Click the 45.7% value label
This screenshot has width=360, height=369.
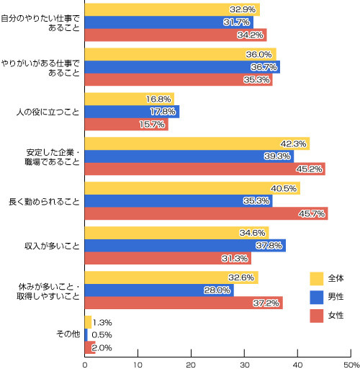(x=312, y=213)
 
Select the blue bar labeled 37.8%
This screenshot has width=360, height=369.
(x=185, y=246)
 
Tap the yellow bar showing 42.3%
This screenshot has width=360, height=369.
(x=197, y=143)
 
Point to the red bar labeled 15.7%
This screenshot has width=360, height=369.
(x=127, y=124)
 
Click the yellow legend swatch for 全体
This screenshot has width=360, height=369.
(x=316, y=278)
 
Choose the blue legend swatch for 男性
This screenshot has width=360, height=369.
(x=316, y=297)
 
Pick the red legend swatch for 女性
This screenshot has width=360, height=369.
(x=316, y=316)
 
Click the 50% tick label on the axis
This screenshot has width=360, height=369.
(x=351, y=365)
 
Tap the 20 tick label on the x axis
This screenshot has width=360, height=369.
(x=191, y=365)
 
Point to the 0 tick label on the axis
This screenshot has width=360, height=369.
(x=85, y=365)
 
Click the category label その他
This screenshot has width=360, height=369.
(x=68, y=334)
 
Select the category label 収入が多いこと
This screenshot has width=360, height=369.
(x=52, y=246)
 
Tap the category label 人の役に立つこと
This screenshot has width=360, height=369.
(x=48, y=112)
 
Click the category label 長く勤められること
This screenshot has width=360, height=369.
(x=44, y=202)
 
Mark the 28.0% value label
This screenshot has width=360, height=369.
(x=217, y=290)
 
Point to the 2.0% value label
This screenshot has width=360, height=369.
(x=102, y=347)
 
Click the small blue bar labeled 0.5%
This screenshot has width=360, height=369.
(x=86, y=335)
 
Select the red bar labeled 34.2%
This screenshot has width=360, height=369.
(x=176, y=35)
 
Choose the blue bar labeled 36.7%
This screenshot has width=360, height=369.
(x=182, y=67)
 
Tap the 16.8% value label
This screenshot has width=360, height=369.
(x=158, y=99)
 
